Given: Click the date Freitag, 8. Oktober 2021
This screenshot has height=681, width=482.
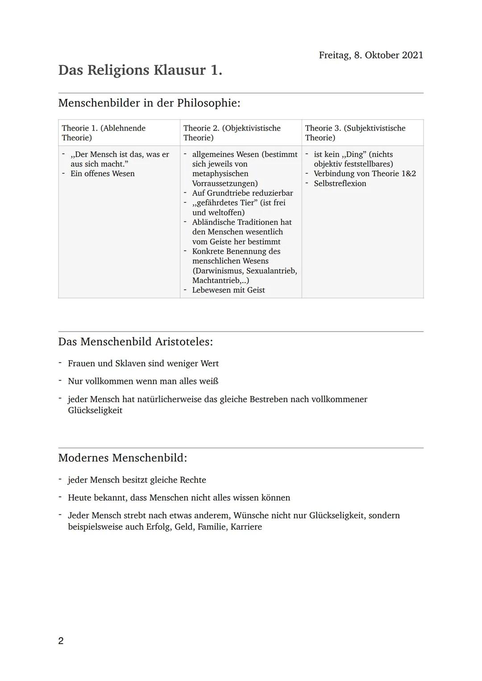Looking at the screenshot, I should (x=371, y=55).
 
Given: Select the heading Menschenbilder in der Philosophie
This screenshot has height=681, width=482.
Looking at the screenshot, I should (x=149, y=103).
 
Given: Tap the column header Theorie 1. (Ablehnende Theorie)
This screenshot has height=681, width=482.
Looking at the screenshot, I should (x=104, y=133).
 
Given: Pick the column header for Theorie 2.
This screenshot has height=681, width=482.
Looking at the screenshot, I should (x=232, y=133).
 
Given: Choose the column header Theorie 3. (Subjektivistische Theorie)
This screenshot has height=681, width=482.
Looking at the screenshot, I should (x=355, y=133).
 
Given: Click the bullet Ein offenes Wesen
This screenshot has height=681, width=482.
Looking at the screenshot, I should (x=102, y=174).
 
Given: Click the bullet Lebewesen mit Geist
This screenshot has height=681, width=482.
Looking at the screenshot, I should (x=228, y=290).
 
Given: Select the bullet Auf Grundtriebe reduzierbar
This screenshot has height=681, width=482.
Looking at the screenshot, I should (x=242, y=193).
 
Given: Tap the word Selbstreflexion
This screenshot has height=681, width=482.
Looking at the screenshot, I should (x=340, y=184).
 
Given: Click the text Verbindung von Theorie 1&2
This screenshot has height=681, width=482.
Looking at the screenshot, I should (x=365, y=174).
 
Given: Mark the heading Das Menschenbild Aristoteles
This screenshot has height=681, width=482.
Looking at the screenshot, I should (x=135, y=342).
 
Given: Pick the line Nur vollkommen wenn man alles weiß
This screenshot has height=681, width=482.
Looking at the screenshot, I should (x=143, y=382).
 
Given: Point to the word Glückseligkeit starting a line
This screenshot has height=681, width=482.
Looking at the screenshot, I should (x=95, y=410).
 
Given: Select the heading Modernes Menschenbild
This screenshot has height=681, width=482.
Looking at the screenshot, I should (x=122, y=458).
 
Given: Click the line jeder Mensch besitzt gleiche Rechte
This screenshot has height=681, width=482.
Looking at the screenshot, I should (x=137, y=480).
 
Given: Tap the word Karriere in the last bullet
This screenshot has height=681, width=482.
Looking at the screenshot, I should (x=246, y=527).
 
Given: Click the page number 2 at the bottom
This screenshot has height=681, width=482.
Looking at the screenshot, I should (x=61, y=641).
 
